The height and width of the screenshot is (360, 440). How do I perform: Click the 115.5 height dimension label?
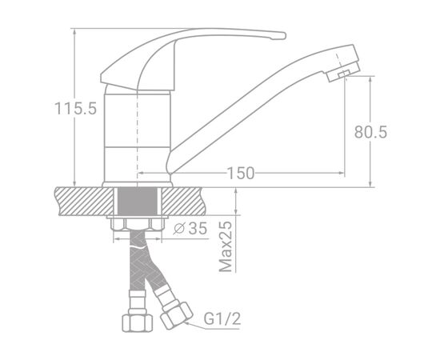click(75, 109)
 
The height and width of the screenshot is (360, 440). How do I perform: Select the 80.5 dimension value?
click(370, 132)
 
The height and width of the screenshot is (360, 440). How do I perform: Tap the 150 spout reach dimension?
click(241, 173)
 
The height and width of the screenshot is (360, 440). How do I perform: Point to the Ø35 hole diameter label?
click(190, 229)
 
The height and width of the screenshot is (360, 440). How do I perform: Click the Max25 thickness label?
click(226, 247)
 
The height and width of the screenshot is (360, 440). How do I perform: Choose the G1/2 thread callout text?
click(222, 319)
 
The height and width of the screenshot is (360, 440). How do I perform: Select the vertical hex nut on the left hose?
click(137, 322)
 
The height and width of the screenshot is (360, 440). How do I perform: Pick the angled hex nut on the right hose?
click(177, 315)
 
